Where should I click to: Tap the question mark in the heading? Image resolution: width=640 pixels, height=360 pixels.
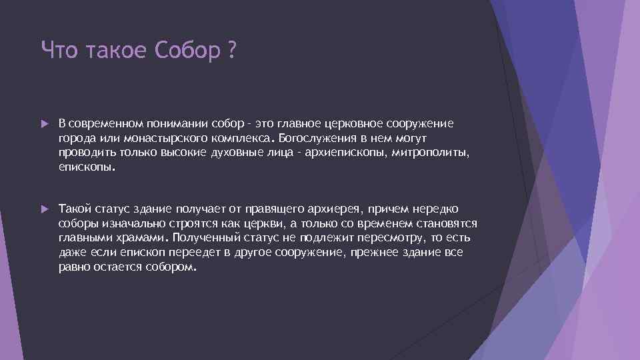(231, 50)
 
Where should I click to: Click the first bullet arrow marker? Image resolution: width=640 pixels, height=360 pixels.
(45, 124)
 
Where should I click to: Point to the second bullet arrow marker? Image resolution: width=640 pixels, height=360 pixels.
(45, 209)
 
